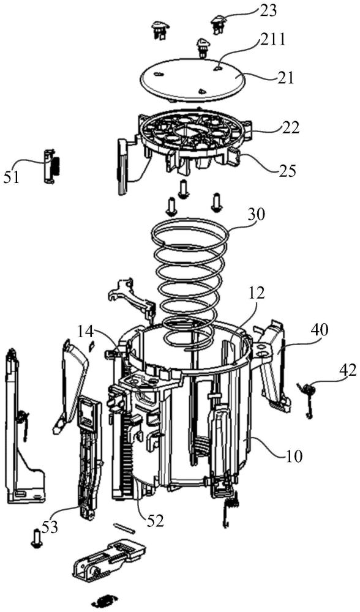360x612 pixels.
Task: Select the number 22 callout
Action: pyautogui.click(x=290, y=129)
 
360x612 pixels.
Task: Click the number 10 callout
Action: pyautogui.click(x=294, y=456)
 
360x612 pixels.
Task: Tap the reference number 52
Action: pyautogui.click(x=156, y=521)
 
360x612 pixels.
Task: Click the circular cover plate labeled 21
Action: pyautogui.click(x=193, y=76)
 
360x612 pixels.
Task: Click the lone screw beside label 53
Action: pyautogui.click(x=36, y=539)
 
